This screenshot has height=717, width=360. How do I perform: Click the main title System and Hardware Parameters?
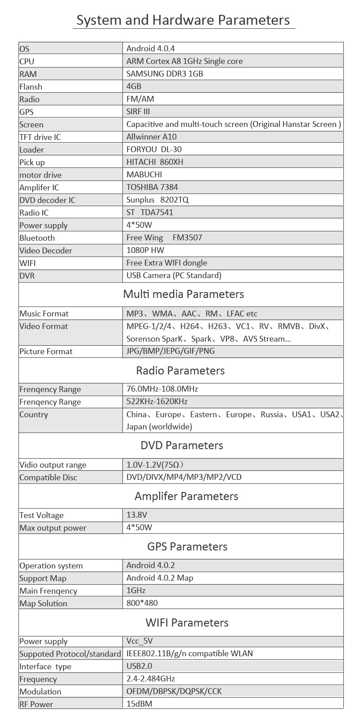183,20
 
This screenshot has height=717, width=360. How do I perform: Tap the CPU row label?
27,62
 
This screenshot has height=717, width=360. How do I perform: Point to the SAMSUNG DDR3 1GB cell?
164,74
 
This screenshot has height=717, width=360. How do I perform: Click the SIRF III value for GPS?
138,112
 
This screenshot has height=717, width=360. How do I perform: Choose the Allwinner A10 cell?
151,137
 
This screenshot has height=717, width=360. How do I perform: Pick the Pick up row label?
32,162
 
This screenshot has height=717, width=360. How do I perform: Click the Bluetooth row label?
37,238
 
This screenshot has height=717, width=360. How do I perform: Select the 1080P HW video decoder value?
145,250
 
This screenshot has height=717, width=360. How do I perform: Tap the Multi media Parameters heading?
183,294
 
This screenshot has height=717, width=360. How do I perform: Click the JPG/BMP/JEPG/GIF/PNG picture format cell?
170,351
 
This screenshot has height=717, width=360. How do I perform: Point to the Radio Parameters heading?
180,371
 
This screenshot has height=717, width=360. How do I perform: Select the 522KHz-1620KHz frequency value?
157,401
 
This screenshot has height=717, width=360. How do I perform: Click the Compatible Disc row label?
48,478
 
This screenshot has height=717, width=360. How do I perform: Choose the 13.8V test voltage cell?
137,515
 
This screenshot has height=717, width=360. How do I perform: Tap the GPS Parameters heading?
187,547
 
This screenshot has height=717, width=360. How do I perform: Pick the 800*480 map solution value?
142,603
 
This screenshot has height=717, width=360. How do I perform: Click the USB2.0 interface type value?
139,666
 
